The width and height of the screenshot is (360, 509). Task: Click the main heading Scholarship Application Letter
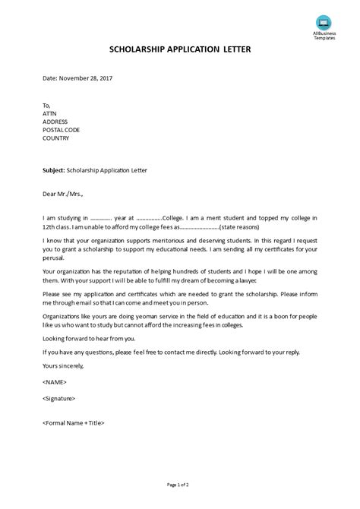click(x=180, y=50)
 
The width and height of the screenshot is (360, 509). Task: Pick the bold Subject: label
click(x=55, y=170)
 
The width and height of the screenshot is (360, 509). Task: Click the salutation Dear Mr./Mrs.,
click(x=64, y=194)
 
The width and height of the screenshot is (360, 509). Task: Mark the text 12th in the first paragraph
click(x=52, y=226)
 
